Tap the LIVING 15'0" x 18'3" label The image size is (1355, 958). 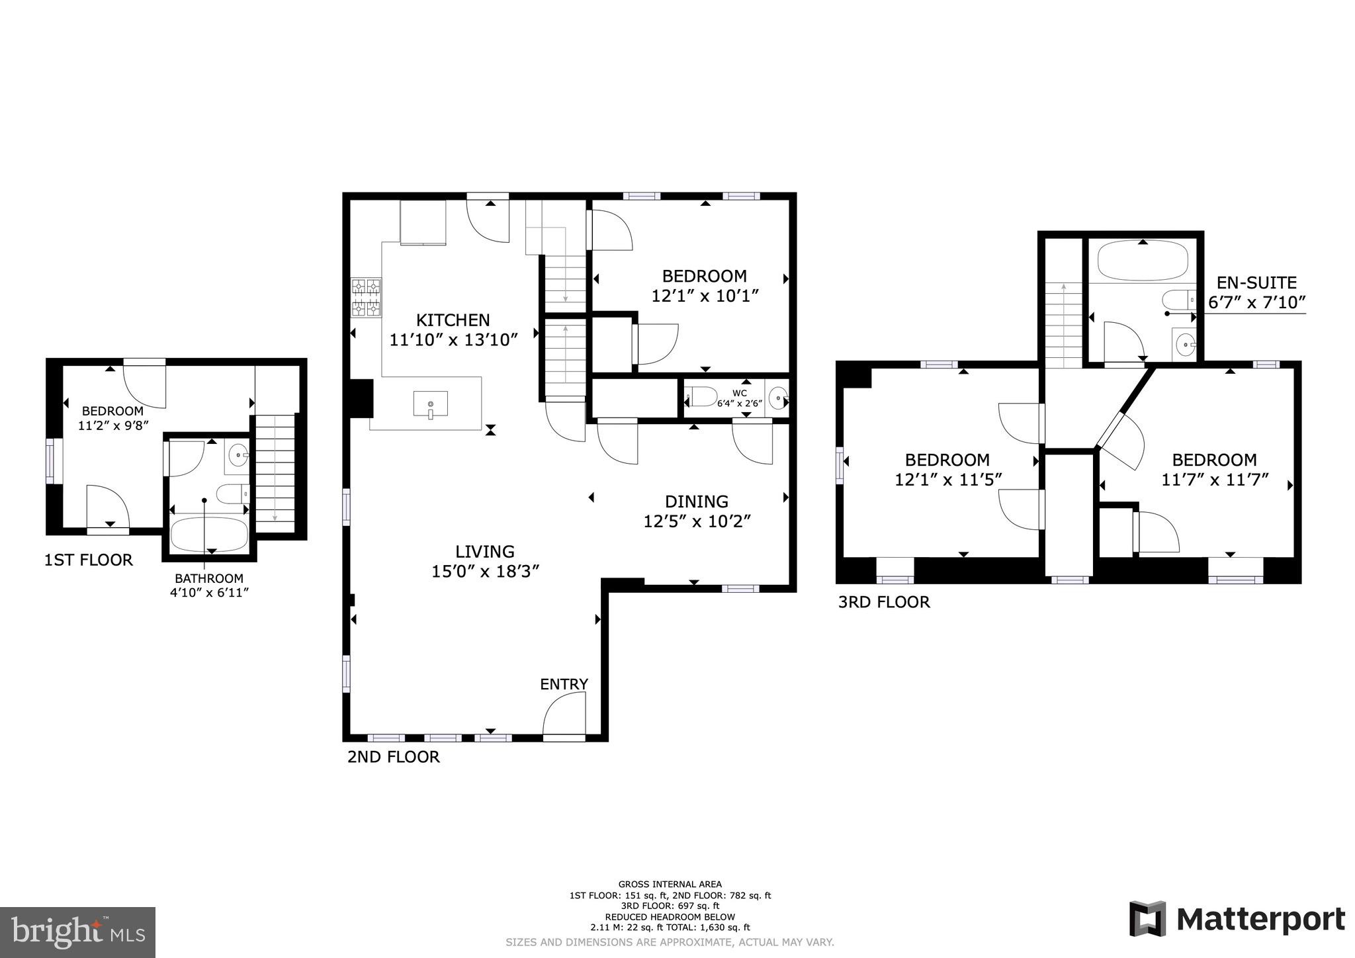(x=486, y=561)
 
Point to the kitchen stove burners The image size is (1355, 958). (x=367, y=298)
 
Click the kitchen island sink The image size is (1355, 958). (x=430, y=404)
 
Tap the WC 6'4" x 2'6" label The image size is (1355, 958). (x=740, y=398)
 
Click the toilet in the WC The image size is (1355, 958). (x=702, y=397)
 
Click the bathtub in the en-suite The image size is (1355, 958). (x=1142, y=262)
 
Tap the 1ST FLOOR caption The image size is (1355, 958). (x=88, y=560)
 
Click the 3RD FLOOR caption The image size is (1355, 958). (x=884, y=602)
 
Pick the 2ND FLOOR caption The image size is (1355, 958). (x=393, y=757)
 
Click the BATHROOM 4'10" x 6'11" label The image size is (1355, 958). (x=209, y=585)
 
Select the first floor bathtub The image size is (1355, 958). (x=209, y=533)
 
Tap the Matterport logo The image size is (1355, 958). (x=1237, y=920)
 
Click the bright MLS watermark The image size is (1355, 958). (x=77, y=932)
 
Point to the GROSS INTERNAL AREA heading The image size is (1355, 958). (x=670, y=884)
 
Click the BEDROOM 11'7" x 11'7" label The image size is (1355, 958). (x=1214, y=469)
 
